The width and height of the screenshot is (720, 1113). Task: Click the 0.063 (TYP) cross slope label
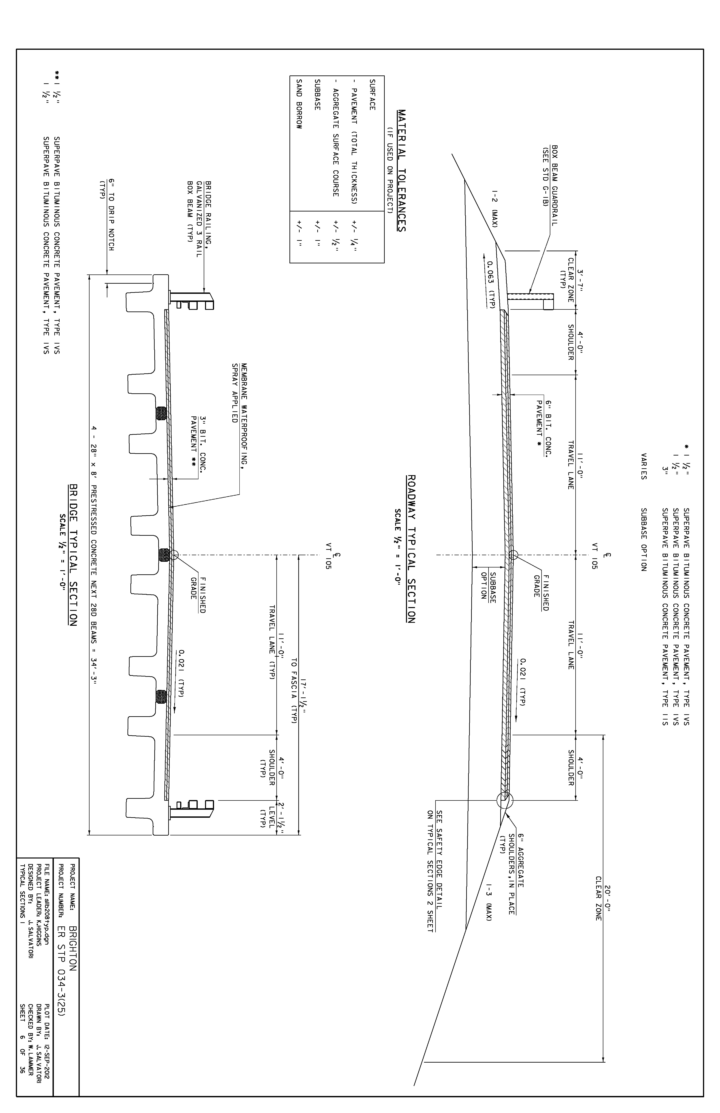click(x=489, y=284)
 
